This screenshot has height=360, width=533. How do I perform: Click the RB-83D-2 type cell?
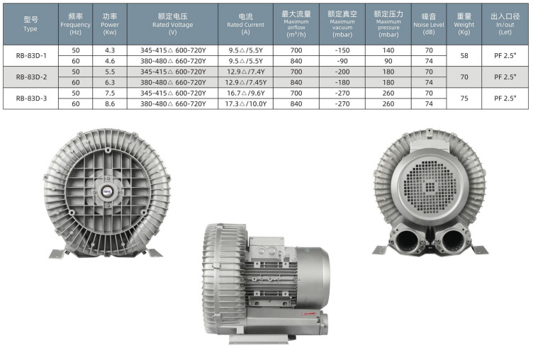coord(31,77)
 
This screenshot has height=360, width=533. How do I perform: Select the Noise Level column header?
coord(429,24)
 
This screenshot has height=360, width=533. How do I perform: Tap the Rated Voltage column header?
coord(173,24)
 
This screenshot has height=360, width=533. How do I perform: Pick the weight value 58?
coord(464,56)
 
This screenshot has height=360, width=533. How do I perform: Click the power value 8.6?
coord(110,103)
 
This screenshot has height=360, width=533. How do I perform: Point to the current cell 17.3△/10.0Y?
coord(246,103)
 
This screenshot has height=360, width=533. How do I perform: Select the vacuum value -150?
coord(342,50)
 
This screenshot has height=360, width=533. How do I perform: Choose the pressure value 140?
coord(388,50)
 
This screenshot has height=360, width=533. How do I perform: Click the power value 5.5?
coord(110,72)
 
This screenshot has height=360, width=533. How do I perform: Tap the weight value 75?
coord(464,99)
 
